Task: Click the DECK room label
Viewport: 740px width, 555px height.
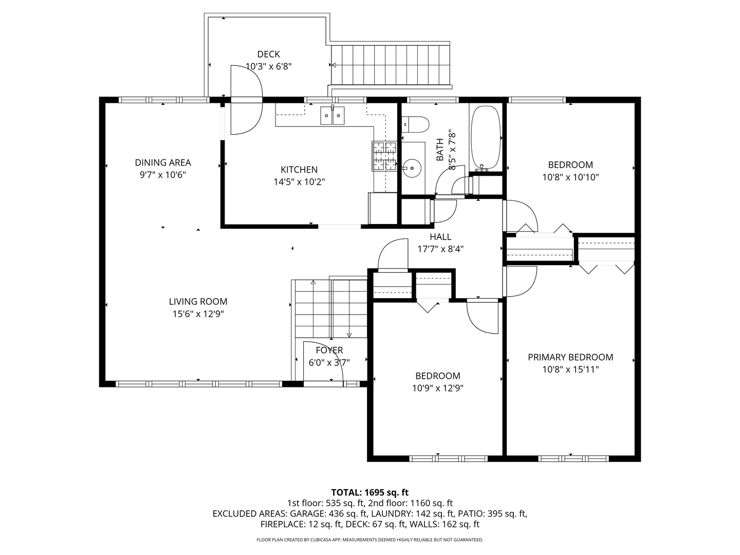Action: coord(268,54)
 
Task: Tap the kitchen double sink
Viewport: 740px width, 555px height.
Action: coord(332,116)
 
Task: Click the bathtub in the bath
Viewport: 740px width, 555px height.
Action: coord(485,137)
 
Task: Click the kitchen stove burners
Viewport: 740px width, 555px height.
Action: coord(385,156)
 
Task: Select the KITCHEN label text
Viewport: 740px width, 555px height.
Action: coord(299,170)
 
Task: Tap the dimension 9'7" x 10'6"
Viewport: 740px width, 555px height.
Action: coord(162,175)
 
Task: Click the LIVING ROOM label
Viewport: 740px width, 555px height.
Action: coord(198,302)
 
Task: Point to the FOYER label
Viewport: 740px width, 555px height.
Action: coord(329,350)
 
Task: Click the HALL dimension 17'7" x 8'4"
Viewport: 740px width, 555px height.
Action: coord(440,249)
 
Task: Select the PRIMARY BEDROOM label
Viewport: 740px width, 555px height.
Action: coord(570,357)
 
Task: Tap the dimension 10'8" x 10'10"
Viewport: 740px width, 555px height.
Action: coord(570,177)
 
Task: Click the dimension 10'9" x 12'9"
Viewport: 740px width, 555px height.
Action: coord(438,388)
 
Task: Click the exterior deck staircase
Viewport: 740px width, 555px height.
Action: coord(391,65)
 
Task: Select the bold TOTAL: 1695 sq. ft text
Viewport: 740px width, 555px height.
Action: coord(369,492)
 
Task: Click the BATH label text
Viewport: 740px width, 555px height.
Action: coord(440,150)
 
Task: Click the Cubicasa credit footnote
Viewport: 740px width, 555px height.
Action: coord(369,540)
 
